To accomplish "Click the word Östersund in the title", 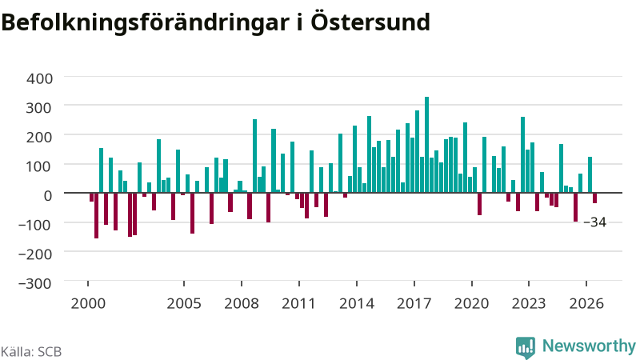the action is click(x=370, y=22).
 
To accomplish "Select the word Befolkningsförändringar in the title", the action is click(x=145, y=23).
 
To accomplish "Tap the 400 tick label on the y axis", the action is click(x=39, y=78).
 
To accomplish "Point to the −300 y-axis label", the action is click(x=35, y=283).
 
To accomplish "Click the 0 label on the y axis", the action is click(x=48, y=195).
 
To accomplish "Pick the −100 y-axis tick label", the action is click(x=35, y=225).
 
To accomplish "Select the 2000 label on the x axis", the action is click(x=88, y=304).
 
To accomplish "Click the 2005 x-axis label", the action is click(x=184, y=304).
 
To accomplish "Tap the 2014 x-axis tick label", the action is click(x=357, y=304).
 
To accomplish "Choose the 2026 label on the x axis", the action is click(x=586, y=304).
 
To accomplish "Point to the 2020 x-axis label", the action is click(x=472, y=304).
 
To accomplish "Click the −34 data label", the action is click(x=595, y=222).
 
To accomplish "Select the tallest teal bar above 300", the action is click(x=427, y=145).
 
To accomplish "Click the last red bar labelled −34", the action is click(x=594, y=198).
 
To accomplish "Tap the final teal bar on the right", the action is click(x=590, y=174).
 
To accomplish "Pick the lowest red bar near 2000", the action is click(x=96, y=215).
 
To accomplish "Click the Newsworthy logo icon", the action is click(x=526, y=347).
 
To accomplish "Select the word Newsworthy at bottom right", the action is click(x=589, y=346).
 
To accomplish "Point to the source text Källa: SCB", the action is click(x=31, y=352).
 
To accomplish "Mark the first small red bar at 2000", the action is click(x=91, y=197).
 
